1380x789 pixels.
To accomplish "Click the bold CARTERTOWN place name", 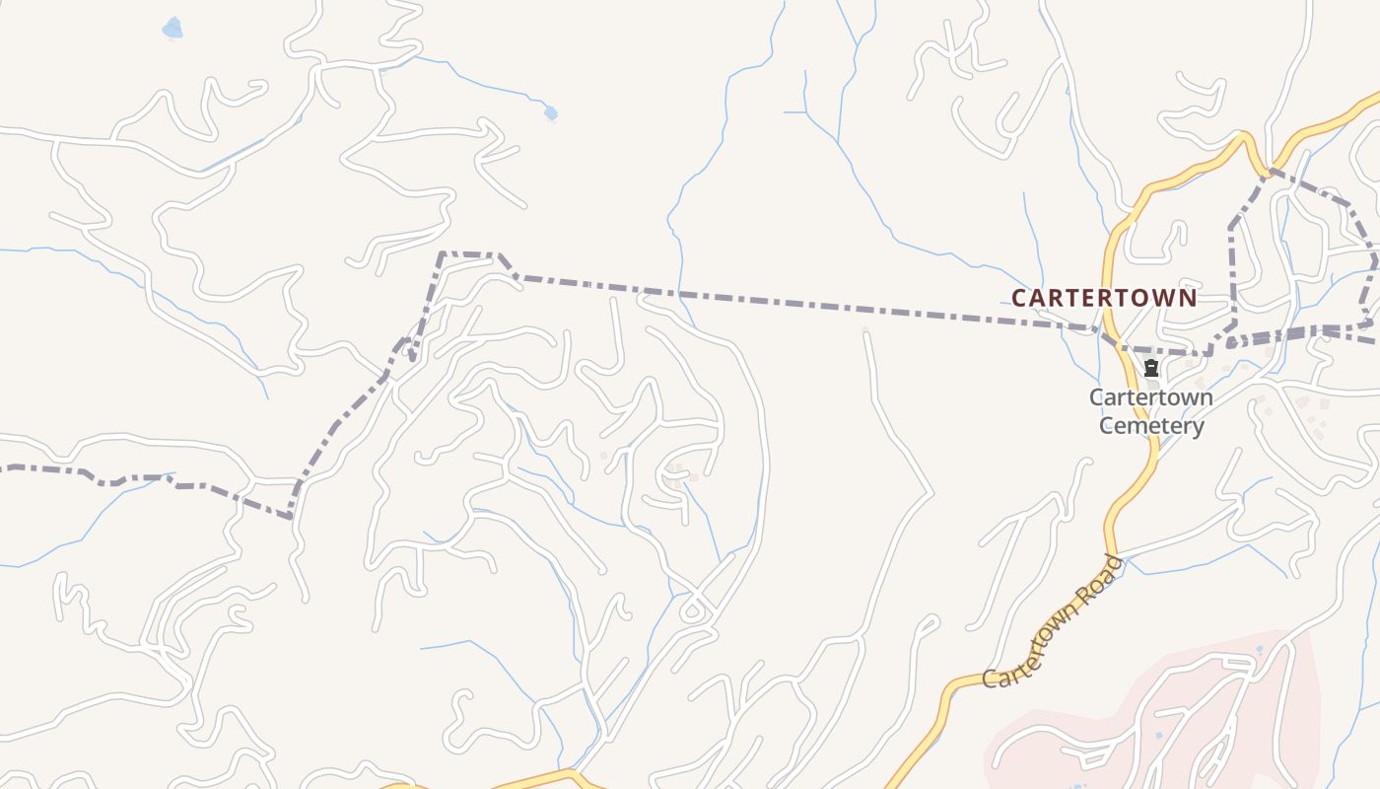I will tap(1104, 297).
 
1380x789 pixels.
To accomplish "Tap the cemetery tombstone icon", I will tap(1150, 369).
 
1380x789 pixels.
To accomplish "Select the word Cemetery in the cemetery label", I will tap(1151, 426).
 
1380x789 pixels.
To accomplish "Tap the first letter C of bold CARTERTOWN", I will tap(1019, 297).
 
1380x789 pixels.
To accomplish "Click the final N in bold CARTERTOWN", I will tap(1189, 297).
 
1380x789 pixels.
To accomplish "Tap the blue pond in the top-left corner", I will tap(172, 28).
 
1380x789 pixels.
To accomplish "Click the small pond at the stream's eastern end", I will tap(550, 112).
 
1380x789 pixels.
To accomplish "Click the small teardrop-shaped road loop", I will tap(693, 611).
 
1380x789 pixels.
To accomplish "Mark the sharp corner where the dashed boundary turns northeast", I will tap(291, 516).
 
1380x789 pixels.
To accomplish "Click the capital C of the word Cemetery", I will tap(1106, 426).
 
